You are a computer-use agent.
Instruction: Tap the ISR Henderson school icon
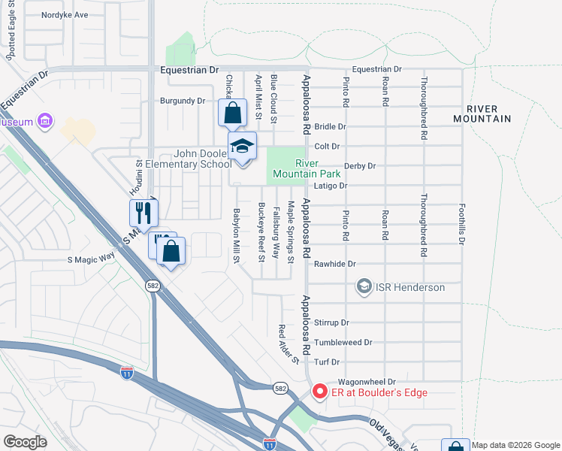(364, 286)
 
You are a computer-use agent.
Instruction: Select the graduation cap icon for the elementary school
(242, 146)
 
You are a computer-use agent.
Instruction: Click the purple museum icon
(45, 120)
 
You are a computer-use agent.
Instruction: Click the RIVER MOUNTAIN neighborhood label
(482, 114)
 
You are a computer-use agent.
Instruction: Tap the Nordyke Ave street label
(65, 14)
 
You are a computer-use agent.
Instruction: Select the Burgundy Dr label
(183, 101)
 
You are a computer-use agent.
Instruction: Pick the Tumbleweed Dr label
(343, 342)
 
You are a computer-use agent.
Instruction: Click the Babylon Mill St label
(236, 235)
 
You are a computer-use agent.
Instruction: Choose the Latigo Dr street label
(331, 185)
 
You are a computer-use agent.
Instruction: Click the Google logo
(26, 442)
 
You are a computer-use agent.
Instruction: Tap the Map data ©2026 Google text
(515, 445)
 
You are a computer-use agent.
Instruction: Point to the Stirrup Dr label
(331, 322)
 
